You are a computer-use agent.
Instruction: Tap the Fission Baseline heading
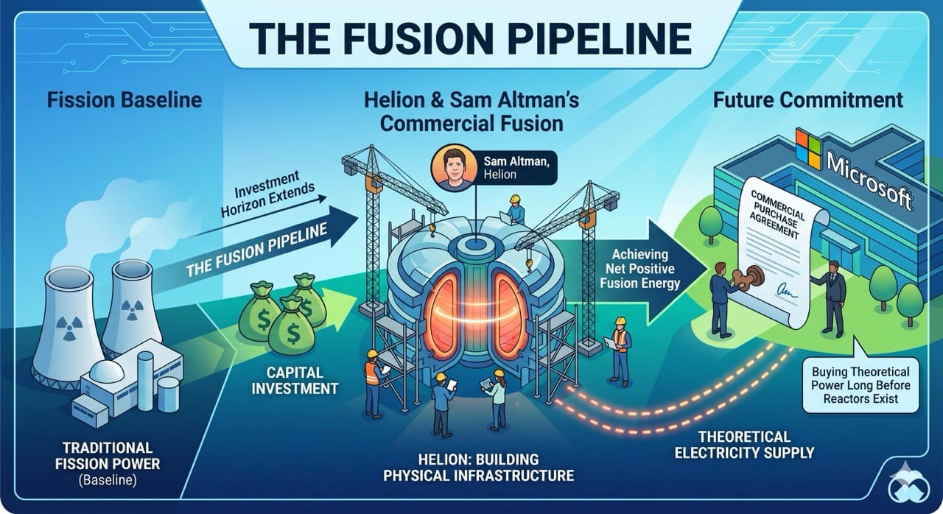click(125, 99)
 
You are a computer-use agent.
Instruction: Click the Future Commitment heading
click(808, 99)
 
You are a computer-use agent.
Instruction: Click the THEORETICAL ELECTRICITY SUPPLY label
click(743, 444)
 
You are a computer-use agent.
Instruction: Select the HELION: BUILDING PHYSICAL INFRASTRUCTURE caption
click(477, 466)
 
